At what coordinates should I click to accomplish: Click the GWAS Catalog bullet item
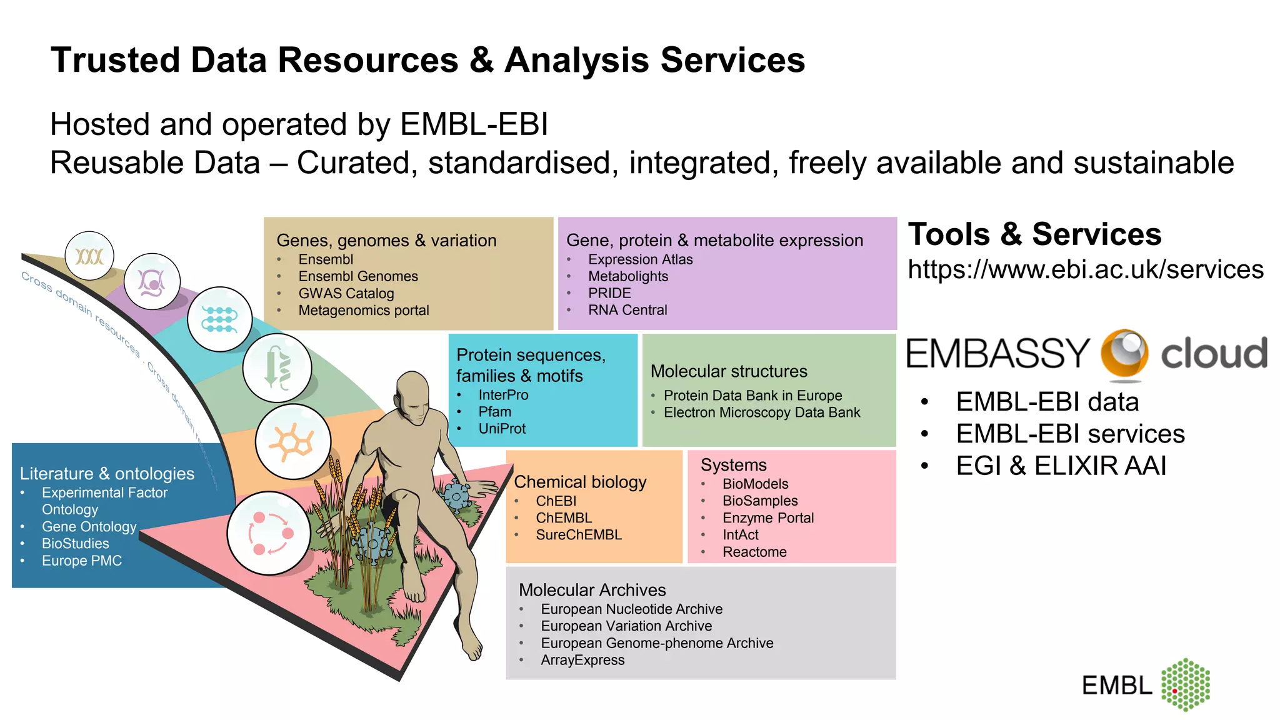click(x=346, y=293)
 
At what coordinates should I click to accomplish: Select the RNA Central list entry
click(x=627, y=310)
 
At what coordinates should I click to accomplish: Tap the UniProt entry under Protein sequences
click(x=501, y=429)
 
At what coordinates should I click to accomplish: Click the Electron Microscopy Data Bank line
click(x=761, y=412)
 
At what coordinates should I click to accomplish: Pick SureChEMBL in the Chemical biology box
click(x=578, y=535)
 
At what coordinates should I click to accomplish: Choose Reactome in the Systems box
click(x=754, y=552)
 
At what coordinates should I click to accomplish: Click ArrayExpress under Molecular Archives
click(x=582, y=660)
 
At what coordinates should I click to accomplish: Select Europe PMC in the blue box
click(x=81, y=561)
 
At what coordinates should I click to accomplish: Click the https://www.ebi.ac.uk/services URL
click(x=1085, y=270)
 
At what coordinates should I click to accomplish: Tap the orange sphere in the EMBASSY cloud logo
click(x=1124, y=354)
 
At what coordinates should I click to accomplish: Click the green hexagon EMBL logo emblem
click(x=1185, y=684)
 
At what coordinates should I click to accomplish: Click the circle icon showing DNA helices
click(x=89, y=256)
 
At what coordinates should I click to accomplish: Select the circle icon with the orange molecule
click(x=292, y=442)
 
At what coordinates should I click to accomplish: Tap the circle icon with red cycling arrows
click(x=269, y=533)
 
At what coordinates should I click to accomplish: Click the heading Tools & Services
click(x=1034, y=234)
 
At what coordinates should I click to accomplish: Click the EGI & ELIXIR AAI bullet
click(x=1060, y=466)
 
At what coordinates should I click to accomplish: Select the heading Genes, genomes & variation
click(x=386, y=241)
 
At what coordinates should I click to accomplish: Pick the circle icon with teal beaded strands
click(x=219, y=319)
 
